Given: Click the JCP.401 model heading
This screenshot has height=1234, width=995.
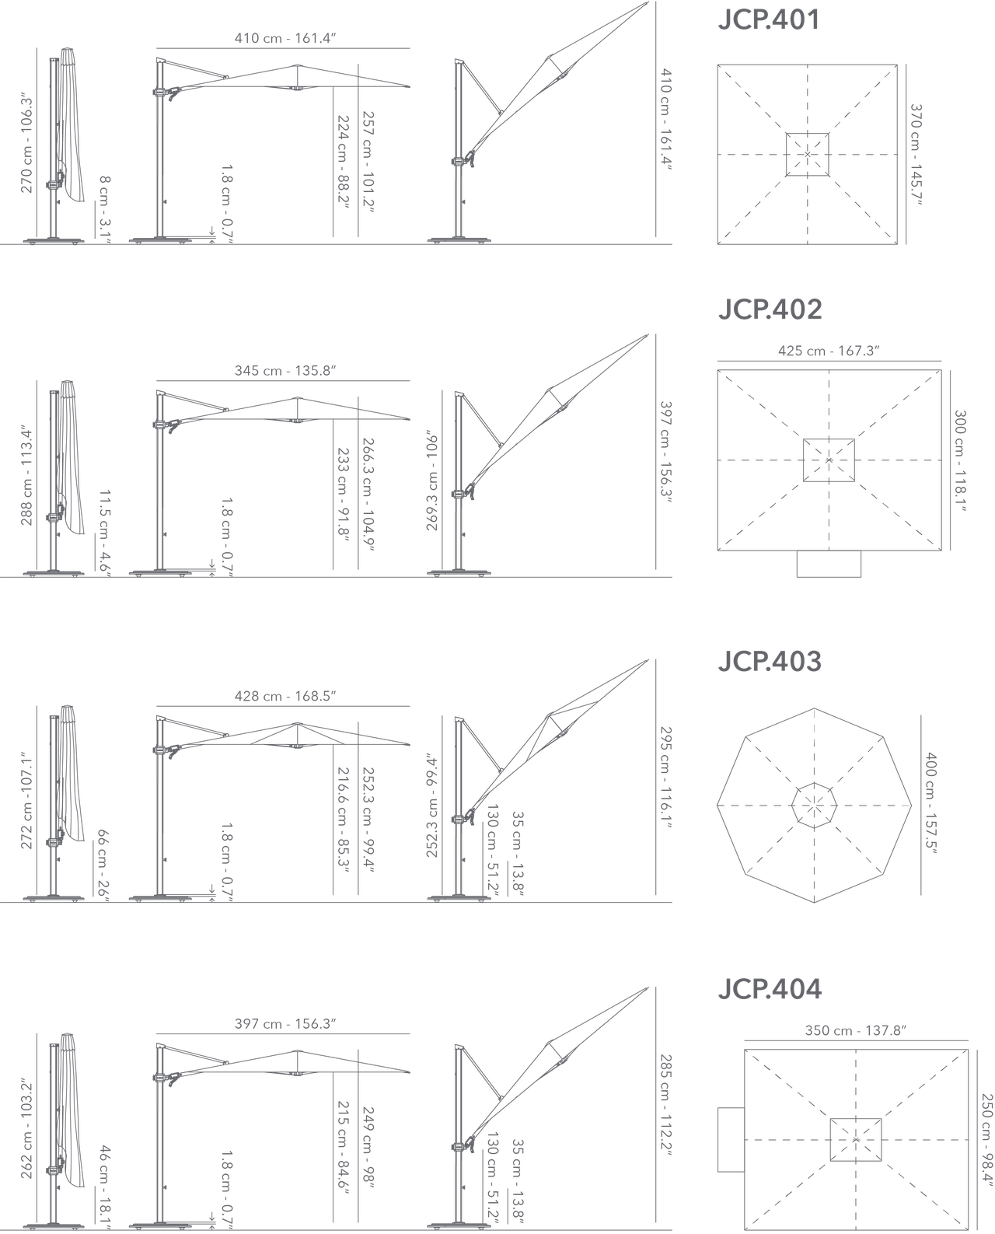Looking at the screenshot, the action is coord(769,19).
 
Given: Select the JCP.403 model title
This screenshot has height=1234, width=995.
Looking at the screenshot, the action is coord(770,661).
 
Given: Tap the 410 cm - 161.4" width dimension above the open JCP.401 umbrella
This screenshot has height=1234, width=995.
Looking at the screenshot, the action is coord(285,38).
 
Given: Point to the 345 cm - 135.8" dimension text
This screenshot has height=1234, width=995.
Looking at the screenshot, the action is coord(285,370).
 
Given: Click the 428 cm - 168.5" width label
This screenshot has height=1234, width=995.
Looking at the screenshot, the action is coord(285,696).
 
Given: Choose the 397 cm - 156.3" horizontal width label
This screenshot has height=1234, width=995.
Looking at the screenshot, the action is coord(285,1023).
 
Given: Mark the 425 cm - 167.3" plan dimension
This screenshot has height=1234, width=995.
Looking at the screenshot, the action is coord(829,351).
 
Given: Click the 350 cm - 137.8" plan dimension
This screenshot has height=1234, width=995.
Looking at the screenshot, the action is coord(856,1030).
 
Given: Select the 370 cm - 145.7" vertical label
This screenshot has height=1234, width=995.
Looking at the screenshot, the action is coord(916,155).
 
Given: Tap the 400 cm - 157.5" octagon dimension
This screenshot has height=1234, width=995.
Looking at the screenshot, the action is coord(930,803).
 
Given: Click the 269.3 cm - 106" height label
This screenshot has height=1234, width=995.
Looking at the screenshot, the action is coord(432,483).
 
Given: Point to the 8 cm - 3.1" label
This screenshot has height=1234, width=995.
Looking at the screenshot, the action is coord(104,209).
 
